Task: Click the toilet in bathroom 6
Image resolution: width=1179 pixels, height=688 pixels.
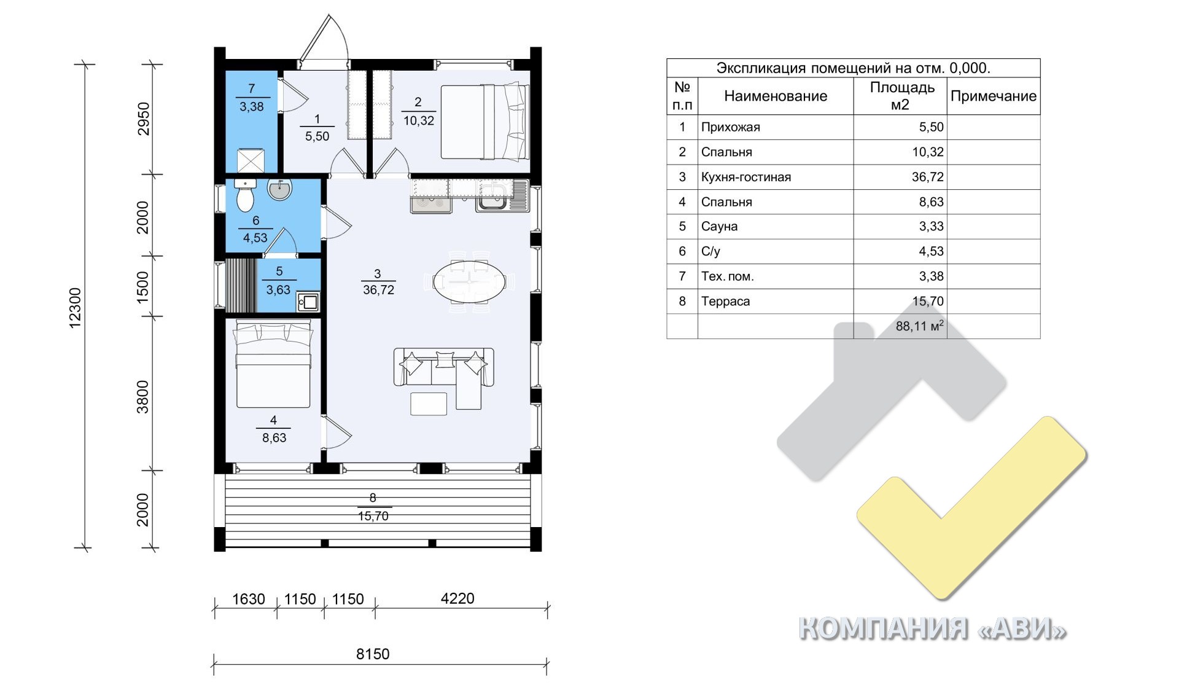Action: [245, 195]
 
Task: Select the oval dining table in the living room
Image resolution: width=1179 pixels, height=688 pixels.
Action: [470, 283]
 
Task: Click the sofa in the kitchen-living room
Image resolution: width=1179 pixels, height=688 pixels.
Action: [443, 375]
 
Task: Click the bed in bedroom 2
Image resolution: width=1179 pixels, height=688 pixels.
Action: [484, 122]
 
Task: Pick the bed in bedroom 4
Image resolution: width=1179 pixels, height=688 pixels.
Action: [274, 366]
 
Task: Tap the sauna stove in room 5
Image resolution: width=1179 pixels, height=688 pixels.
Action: [308, 302]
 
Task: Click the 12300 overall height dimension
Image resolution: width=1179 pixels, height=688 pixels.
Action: [76, 308]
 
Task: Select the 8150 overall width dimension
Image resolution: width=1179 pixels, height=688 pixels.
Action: [373, 654]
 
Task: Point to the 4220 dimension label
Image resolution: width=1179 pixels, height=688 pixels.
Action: [457, 598]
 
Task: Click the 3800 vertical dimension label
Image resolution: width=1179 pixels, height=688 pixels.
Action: [142, 397]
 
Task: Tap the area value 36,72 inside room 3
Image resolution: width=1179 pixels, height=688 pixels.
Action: [378, 290]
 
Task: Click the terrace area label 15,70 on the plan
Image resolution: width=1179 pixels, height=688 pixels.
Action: [373, 517]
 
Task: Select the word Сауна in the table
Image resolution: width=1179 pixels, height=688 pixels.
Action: [719, 227]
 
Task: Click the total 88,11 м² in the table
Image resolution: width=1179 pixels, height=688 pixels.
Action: [919, 326]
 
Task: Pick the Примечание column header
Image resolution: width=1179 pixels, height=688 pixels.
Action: [994, 96]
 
